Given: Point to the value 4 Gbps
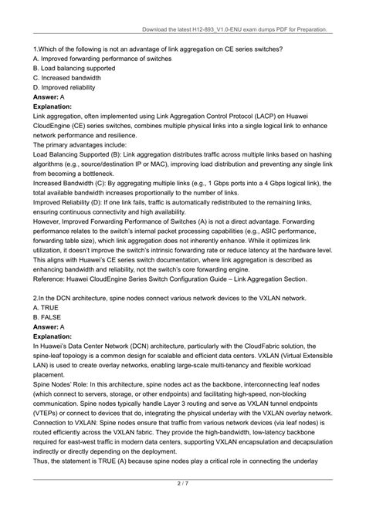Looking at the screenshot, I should [x=277, y=183].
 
